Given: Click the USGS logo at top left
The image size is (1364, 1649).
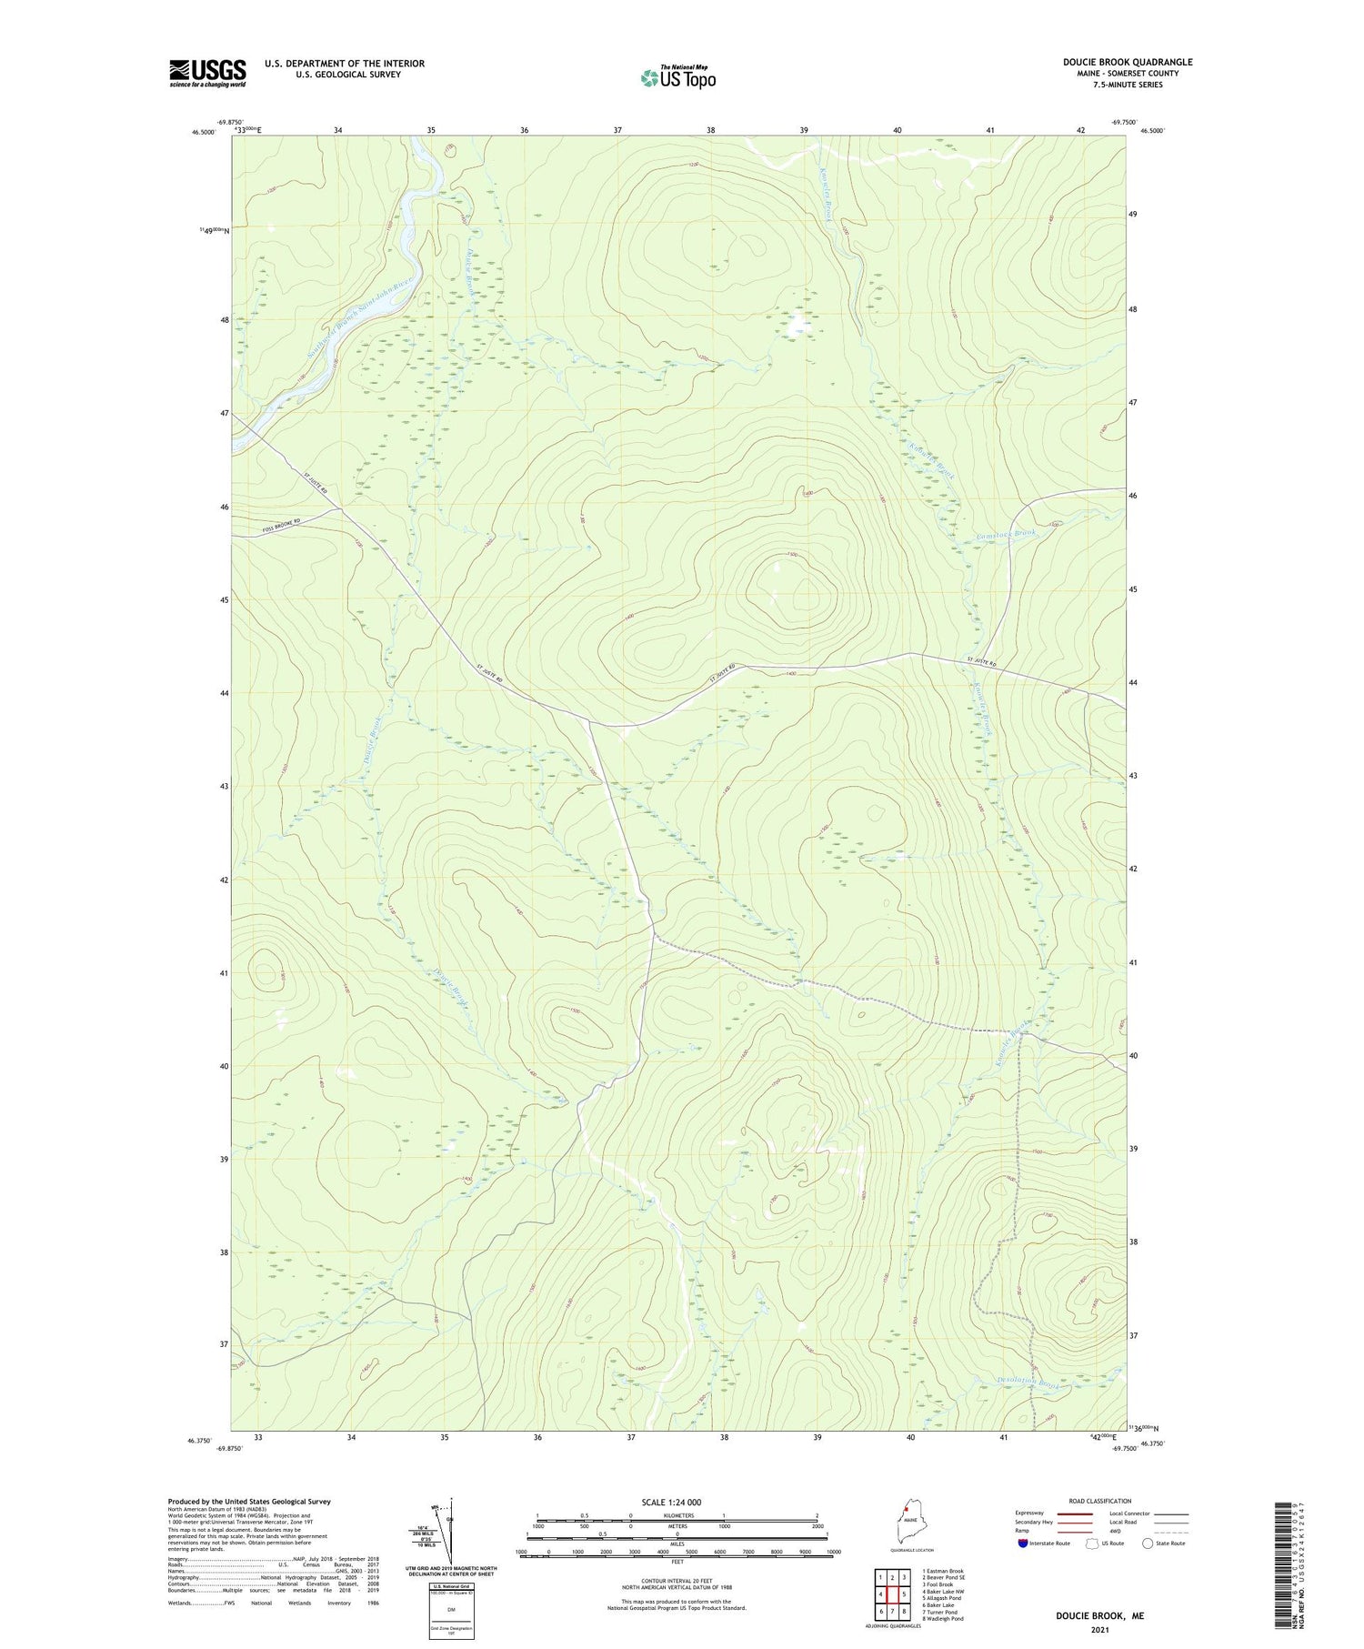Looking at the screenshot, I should click(x=207, y=73).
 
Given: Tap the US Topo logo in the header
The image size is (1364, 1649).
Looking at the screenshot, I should click(x=678, y=77).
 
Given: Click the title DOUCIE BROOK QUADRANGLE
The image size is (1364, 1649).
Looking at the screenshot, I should click(x=1128, y=62).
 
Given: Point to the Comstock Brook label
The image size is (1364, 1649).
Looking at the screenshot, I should click(x=1006, y=535).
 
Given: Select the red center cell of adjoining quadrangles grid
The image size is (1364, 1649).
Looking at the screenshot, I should click(x=892, y=1594).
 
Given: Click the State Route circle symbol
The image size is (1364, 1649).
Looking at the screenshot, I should click(x=1148, y=1543).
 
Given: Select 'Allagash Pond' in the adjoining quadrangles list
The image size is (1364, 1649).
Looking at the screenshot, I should click(x=942, y=1597).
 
